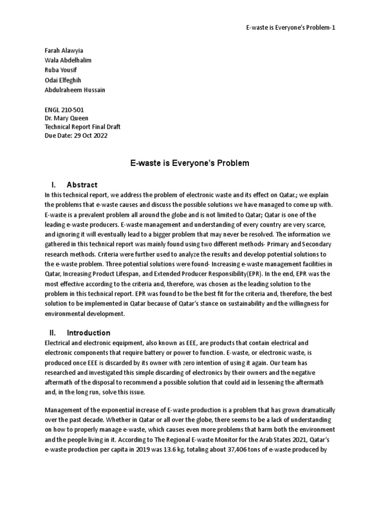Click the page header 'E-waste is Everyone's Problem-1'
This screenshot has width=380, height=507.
point(284,27)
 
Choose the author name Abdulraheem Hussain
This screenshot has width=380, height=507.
point(74,90)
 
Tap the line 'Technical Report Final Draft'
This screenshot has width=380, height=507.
point(82,127)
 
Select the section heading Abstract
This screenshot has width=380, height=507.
point(82,185)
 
